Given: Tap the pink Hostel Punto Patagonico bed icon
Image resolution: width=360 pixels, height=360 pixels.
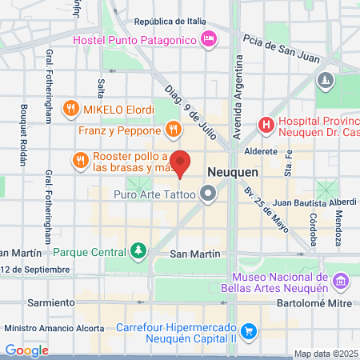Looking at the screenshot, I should pos(209,38).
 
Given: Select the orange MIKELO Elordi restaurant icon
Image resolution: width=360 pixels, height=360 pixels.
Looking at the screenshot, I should pos(71,108).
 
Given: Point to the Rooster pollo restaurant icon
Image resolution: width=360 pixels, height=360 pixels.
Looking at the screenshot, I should pos(80,161).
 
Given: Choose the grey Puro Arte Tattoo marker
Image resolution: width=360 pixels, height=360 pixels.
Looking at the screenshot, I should pos(209,194).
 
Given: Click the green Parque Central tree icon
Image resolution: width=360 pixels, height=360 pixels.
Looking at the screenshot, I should pos(139,251).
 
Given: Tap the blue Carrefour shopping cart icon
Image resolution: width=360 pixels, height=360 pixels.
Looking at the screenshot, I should pos(249,330).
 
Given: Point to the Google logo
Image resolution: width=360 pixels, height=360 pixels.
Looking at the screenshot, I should pos(26,350).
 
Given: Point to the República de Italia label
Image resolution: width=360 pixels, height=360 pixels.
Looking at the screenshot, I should pos(170,22).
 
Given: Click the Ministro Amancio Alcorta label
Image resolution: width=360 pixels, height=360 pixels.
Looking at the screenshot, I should pos(54,328).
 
